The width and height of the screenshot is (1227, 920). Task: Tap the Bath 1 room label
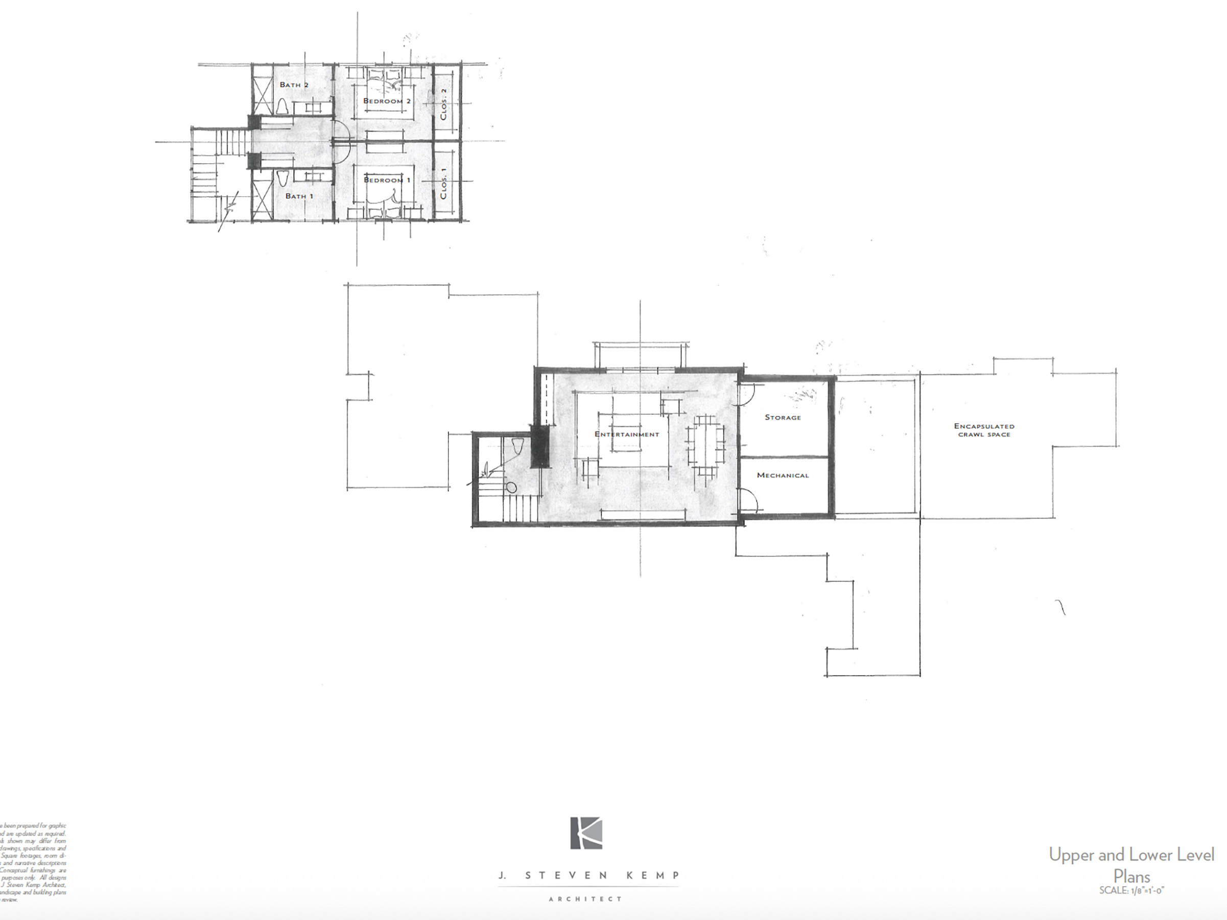point(299,196)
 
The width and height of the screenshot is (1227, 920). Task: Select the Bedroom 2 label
point(387,101)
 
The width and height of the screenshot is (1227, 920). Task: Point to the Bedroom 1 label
point(387,180)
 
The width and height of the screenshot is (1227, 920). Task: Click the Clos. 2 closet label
point(443,104)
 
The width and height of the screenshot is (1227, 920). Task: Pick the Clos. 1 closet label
point(443,183)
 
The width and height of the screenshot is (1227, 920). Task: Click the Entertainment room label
point(627,434)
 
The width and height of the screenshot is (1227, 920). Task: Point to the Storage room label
point(783,417)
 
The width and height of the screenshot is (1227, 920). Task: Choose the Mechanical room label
point(783,475)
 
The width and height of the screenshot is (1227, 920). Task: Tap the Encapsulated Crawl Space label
point(984,430)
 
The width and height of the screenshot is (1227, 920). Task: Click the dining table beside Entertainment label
point(705,445)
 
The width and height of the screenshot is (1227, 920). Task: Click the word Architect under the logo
point(585,899)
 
